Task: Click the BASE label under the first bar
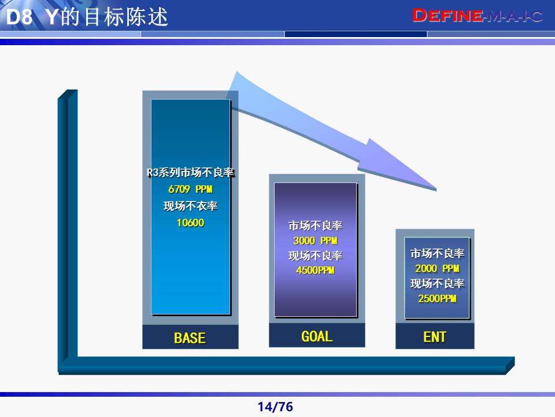(x=190, y=338)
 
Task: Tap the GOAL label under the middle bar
(x=317, y=336)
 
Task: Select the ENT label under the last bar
(x=435, y=337)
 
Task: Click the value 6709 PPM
(x=190, y=189)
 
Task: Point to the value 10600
(x=190, y=222)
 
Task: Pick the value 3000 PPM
(x=315, y=241)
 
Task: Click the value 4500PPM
(x=315, y=270)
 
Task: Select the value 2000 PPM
(x=437, y=269)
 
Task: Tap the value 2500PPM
(x=437, y=299)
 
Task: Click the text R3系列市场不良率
(x=190, y=173)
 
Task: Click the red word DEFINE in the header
(x=447, y=16)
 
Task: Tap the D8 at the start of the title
(x=18, y=17)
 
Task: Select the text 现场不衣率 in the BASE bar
(x=190, y=206)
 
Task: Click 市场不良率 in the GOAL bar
(x=315, y=226)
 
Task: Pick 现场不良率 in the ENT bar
(x=437, y=284)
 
